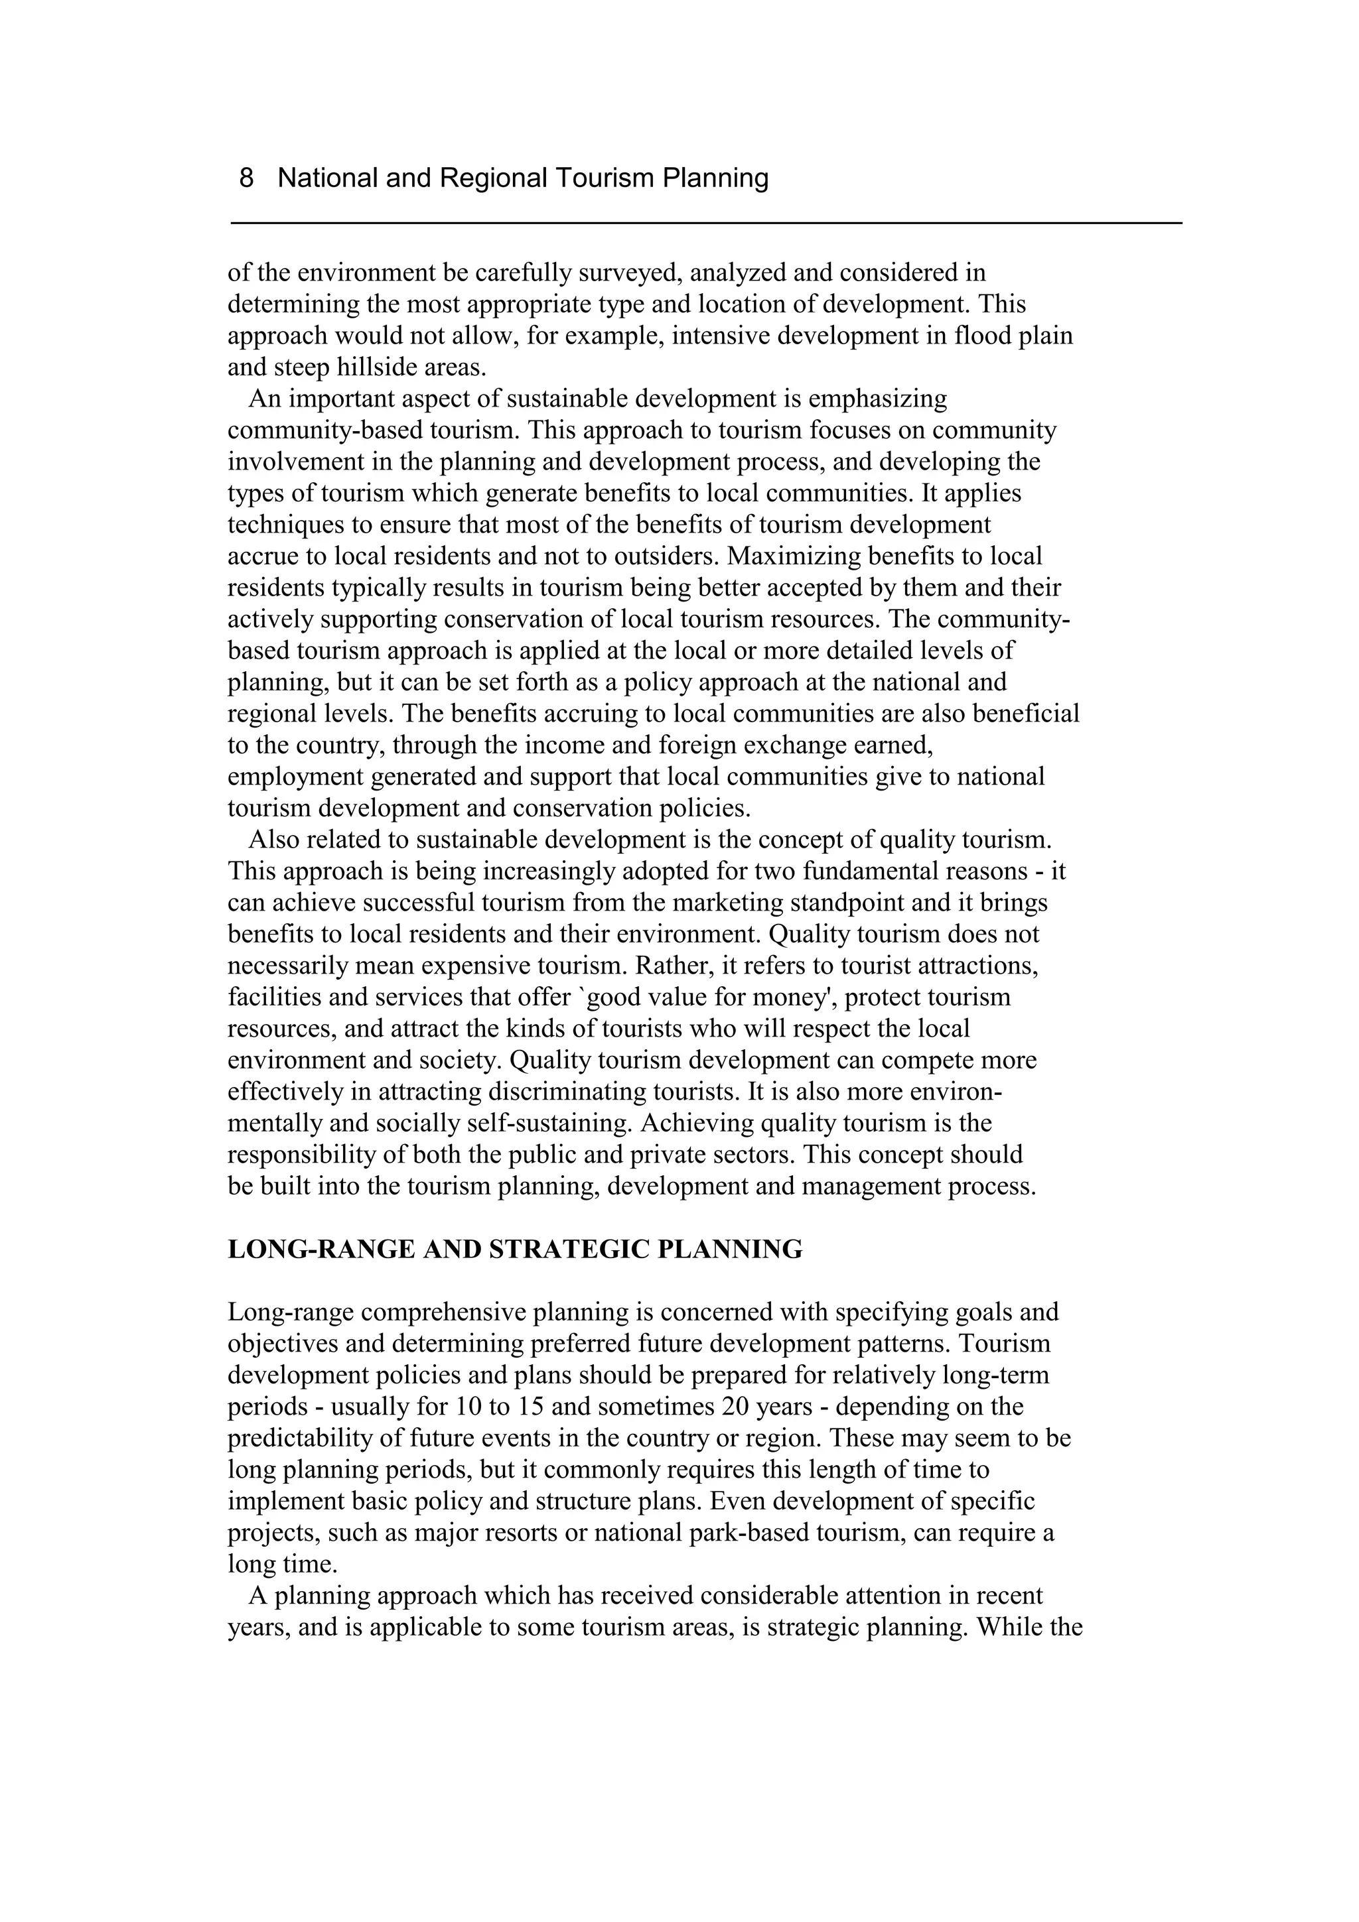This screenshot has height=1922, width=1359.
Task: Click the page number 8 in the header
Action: click(x=246, y=178)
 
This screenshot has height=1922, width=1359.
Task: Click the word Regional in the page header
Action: click(x=493, y=178)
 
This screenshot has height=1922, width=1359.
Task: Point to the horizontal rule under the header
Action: click(x=706, y=224)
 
